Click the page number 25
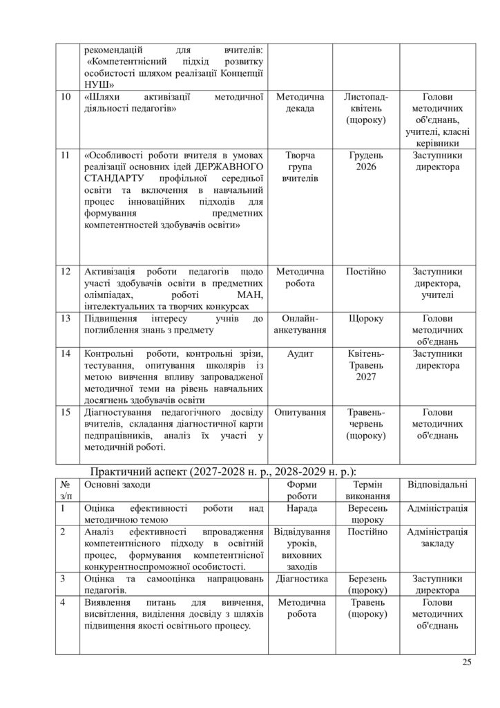click(466, 663)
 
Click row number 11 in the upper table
click(65, 156)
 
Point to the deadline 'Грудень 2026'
click(366, 161)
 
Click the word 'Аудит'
click(300, 354)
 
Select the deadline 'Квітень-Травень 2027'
click(366, 366)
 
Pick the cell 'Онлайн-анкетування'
click(300, 325)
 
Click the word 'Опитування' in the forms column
click(300, 413)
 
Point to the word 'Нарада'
click(300, 509)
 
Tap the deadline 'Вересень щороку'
click(366, 514)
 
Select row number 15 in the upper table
click(65, 413)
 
